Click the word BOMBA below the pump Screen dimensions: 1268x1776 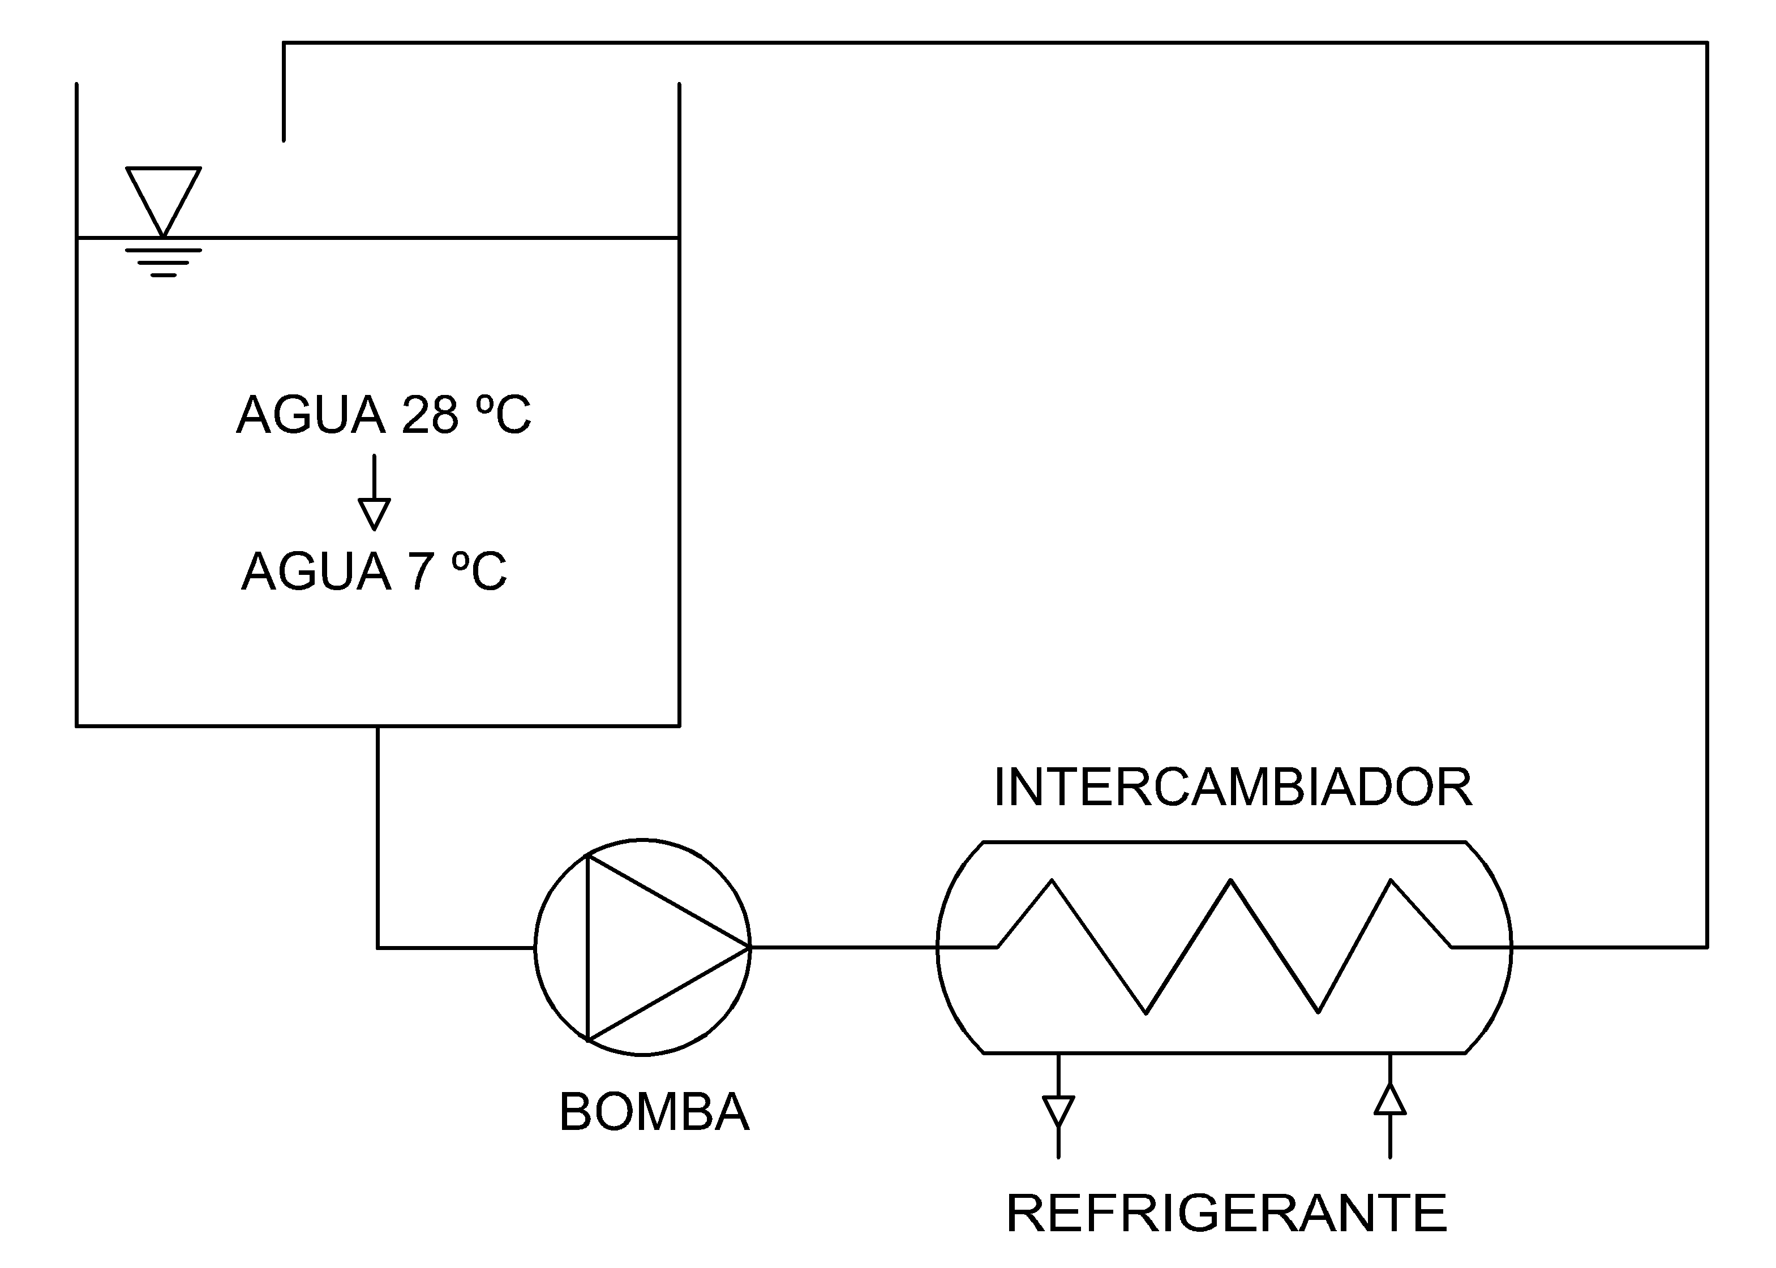tap(654, 1112)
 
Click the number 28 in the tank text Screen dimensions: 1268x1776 tap(430, 415)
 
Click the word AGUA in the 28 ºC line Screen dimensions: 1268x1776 tap(311, 415)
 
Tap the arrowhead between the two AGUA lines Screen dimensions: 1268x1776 tap(374, 514)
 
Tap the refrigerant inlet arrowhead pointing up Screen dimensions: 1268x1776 tap(1390, 1099)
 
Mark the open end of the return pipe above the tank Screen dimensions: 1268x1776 tap(284, 139)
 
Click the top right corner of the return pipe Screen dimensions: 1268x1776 tap(1708, 43)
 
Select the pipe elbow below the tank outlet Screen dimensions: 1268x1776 tap(378, 948)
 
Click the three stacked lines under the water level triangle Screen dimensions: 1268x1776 tap(163, 263)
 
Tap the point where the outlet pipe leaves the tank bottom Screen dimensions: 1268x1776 tap(378, 727)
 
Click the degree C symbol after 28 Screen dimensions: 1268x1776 tap(504, 415)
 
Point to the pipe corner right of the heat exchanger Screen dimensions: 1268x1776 tap(1708, 947)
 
